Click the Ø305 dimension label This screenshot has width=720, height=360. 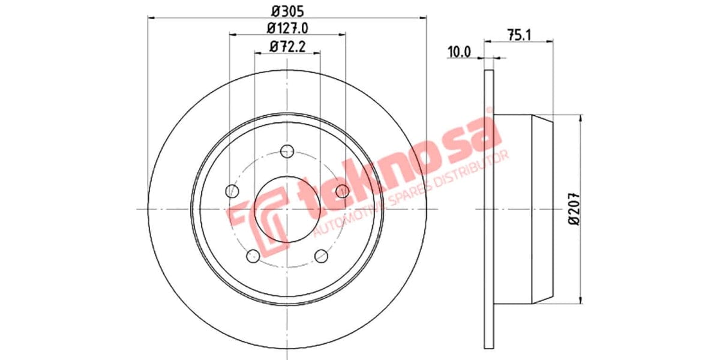[x=287, y=10]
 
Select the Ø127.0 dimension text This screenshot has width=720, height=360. [x=287, y=28]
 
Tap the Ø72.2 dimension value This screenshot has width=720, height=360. [x=287, y=46]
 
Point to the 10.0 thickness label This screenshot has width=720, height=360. [x=458, y=52]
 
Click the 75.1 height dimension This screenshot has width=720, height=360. [x=519, y=35]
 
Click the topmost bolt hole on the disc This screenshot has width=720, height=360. [x=287, y=151]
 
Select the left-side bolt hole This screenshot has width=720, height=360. [x=232, y=191]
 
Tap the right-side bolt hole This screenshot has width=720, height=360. [x=342, y=191]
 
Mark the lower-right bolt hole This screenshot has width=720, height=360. [x=322, y=256]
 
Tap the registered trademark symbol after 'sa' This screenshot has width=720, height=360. [x=489, y=111]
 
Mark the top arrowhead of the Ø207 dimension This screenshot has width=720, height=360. [x=580, y=118]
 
